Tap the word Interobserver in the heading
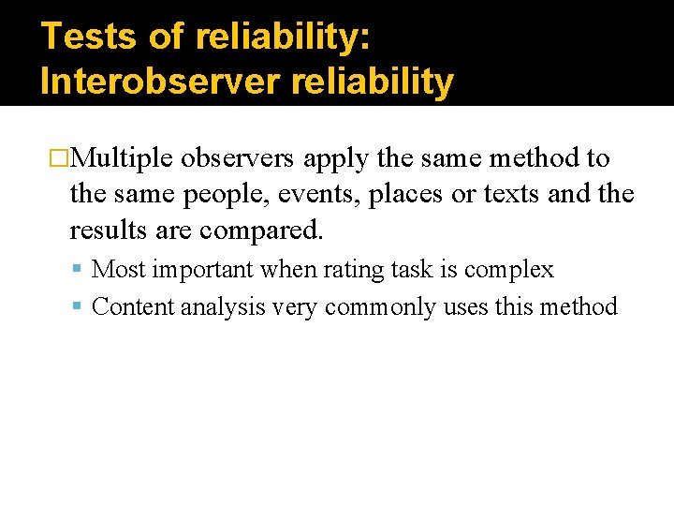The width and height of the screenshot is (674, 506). [x=159, y=82]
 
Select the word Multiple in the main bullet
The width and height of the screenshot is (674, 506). [x=121, y=159]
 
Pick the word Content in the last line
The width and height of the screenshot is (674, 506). [x=129, y=306]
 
